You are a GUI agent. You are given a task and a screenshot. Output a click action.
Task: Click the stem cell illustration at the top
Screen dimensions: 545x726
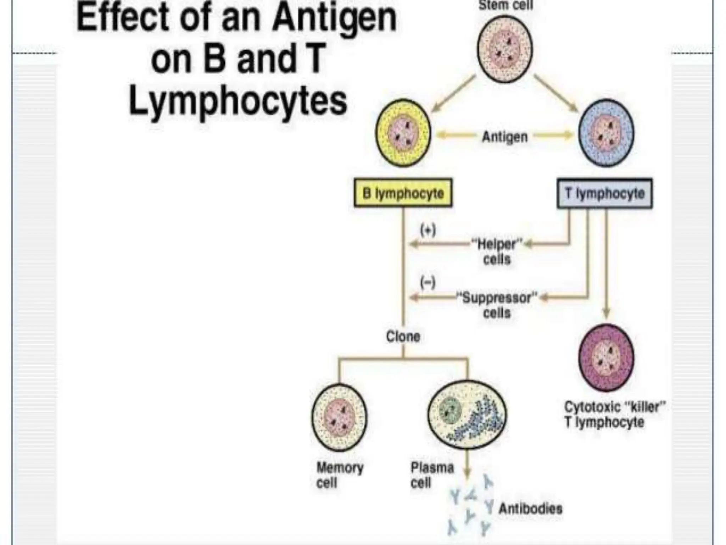point(505,49)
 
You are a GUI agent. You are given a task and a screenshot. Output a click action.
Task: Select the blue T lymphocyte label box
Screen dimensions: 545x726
point(605,194)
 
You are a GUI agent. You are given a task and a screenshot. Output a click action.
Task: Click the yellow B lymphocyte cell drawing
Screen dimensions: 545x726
point(403,133)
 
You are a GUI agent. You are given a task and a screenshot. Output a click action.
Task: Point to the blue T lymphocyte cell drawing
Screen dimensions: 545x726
point(606,133)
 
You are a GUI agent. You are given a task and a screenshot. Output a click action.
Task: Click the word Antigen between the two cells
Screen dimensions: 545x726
point(505,137)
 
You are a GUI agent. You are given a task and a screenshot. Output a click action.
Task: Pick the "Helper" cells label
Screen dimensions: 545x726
point(497,252)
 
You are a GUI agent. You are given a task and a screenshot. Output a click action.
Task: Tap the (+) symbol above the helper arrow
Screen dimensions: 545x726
point(428,230)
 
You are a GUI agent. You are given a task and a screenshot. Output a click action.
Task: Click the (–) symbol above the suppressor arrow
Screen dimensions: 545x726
point(428,282)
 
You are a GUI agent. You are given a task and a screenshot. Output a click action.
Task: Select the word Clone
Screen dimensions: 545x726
point(403,336)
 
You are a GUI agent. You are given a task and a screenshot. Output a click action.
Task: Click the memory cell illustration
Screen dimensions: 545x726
point(339,417)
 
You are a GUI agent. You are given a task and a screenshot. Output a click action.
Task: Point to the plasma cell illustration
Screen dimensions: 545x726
point(467,414)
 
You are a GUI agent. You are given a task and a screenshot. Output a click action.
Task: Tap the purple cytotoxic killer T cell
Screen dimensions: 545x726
point(606,358)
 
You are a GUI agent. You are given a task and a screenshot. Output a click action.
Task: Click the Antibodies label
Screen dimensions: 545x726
point(530,508)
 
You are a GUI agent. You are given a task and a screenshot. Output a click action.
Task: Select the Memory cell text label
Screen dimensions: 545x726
point(340,475)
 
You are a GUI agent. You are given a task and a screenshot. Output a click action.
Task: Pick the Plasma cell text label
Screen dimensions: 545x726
point(432,475)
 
